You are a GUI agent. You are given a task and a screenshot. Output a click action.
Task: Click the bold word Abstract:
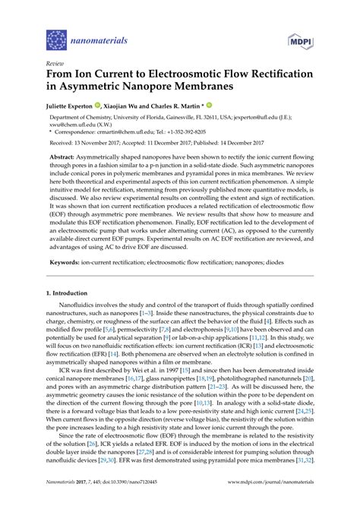pos(75,166)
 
